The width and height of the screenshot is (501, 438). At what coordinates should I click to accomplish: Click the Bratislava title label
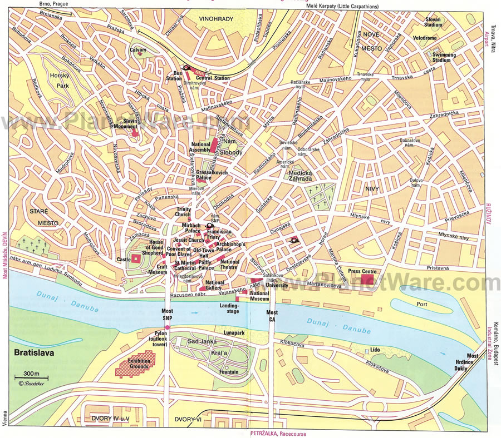point(31,353)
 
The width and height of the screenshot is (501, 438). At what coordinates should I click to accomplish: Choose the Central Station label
point(213,78)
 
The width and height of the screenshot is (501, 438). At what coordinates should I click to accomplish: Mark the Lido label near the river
point(375,350)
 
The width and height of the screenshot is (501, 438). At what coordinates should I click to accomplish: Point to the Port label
point(421,303)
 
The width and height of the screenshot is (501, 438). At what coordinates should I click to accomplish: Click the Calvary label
point(139,50)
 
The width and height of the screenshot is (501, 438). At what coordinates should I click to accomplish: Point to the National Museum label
point(260,296)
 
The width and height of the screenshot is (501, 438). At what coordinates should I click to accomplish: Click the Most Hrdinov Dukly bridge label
point(472,364)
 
